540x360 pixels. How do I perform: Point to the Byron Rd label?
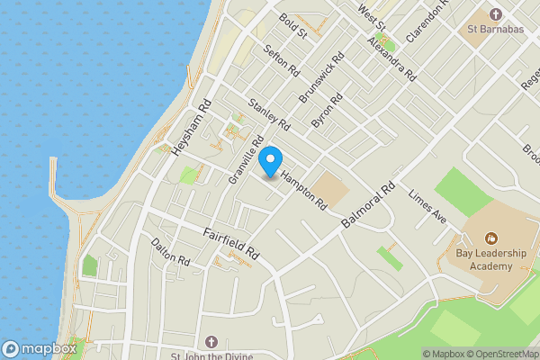pos(327,109)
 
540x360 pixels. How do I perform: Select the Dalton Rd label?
pos(170,252)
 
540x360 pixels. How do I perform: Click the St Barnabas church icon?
pos(495,13)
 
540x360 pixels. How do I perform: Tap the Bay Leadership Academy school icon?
pos(490,238)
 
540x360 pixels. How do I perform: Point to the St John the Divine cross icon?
pos(211,342)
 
